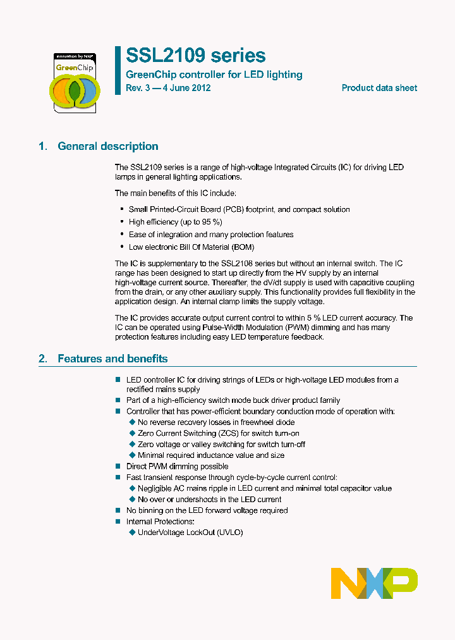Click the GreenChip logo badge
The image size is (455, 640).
click(75, 82)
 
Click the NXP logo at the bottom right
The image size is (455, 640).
click(374, 583)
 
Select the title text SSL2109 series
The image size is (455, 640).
click(196, 56)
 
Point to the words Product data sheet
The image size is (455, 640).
click(379, 88)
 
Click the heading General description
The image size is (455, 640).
click(108, 146)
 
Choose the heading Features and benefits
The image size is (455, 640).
click(112, 359)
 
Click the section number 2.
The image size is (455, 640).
click(42, 359)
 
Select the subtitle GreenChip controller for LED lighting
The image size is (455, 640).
click(214, 75)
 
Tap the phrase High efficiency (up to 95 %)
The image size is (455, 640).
click(176, 222)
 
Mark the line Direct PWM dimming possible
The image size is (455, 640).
click(178, 466)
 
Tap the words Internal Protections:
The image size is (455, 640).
click(161, 522)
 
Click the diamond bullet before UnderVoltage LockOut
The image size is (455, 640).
click(132, 532)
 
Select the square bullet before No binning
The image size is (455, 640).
click(118, 510)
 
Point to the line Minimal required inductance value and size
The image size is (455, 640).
click(211, 455)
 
